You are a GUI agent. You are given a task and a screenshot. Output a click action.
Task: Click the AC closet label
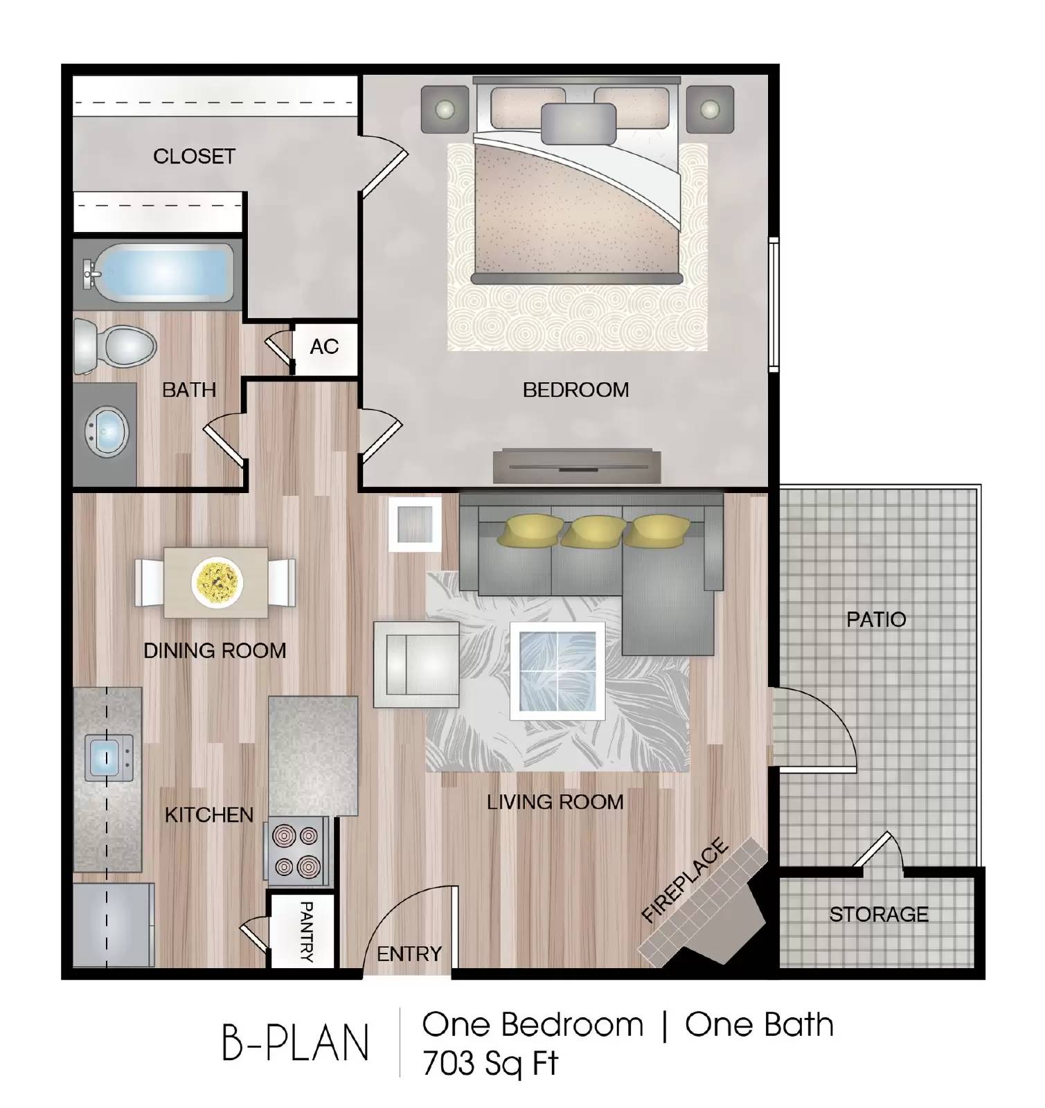[324, 346]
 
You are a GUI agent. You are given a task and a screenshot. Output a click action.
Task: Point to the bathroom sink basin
[106, 432]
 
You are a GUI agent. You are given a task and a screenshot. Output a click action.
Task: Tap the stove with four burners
[297, 851]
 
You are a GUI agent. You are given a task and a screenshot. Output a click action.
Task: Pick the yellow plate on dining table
[217, 582]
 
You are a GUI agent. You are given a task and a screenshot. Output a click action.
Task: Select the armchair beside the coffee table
[416, 664]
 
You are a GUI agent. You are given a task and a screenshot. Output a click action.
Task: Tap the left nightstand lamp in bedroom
[445, 109]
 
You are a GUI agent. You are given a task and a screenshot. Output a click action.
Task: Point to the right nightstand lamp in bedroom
[710, 109]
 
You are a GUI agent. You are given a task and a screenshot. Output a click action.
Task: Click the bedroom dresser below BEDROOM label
[577, 466]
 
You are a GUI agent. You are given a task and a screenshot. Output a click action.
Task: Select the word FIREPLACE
[684, 880]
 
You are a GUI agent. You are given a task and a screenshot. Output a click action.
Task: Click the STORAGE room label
[878, 914]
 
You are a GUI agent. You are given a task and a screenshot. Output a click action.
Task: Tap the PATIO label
[876, 619]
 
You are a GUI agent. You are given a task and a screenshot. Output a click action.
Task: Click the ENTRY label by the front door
[409, 954]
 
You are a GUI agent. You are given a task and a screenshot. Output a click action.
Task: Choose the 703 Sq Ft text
[490, 1064]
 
